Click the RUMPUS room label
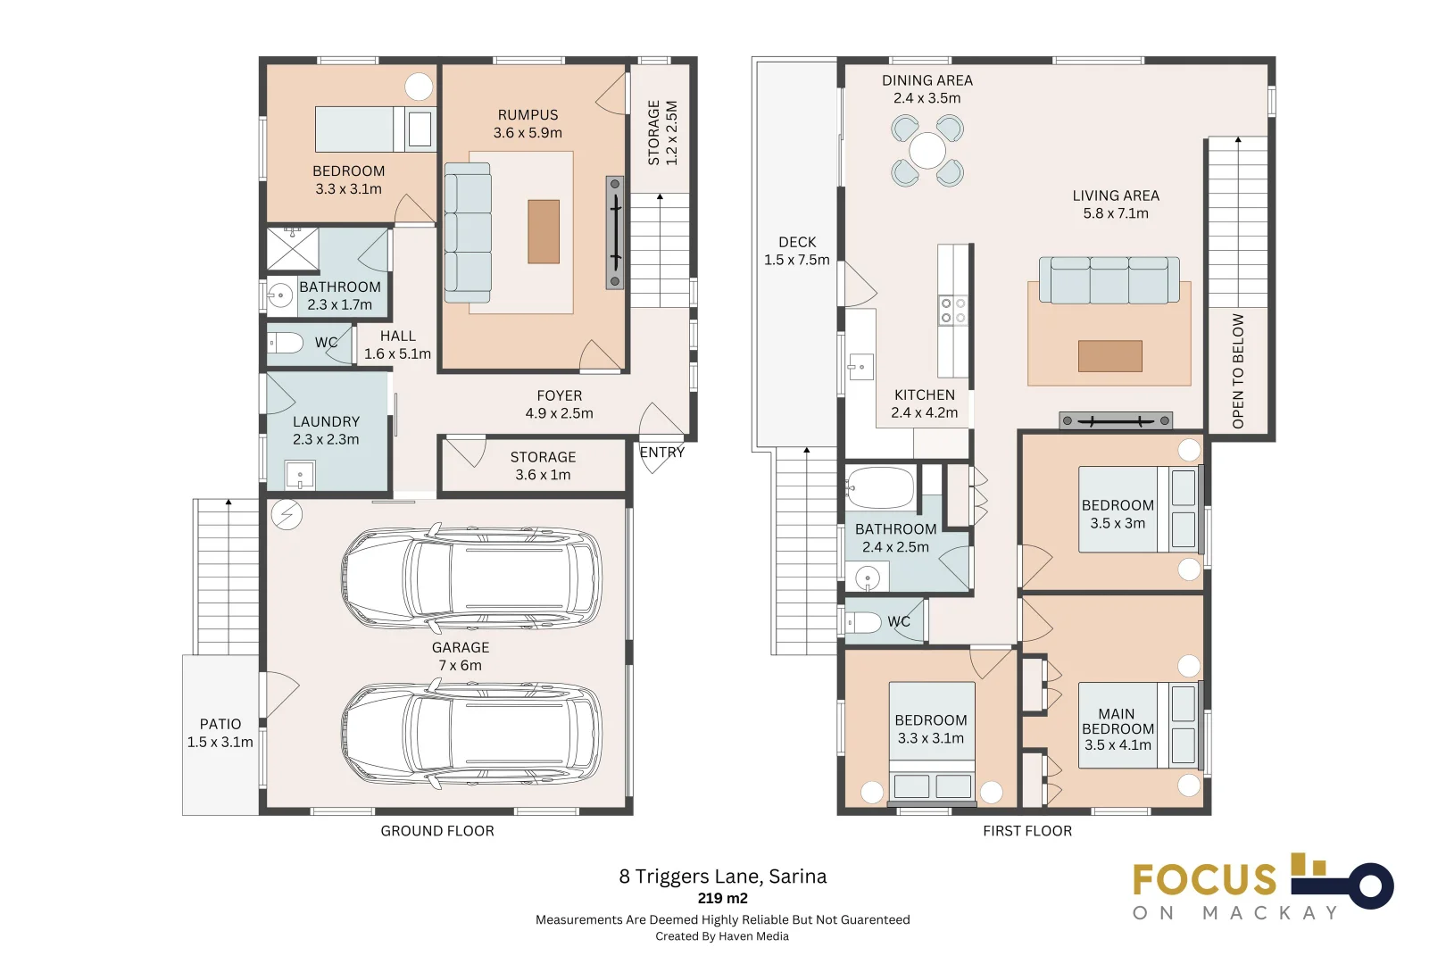pyautogui.click(x=528, y=115)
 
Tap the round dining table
pyautogui.click(x=927, y=151)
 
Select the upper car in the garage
pyautogui.click(x=471, y=578)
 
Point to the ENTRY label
pyautogui.click(x=661, y=452)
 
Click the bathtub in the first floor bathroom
pyautogui.click(x=880, y=487)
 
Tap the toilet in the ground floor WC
pyautogui.click(x=285, y=343)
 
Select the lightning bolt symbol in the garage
pyautogui.click(x=287, y=515)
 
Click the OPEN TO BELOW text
pyautogui.click(x=1237, y=370)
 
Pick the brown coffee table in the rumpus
pyautogui.click(x=544, y=231)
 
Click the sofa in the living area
pyautogui.click(x=1109, y=279)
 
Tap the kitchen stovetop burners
pyautogui.click(x=952, y=310)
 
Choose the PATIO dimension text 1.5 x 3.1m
pyautogui.click(x=220, y=743)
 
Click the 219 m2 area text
pyautogui.click(x=722, y=898)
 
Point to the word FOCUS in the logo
pyautogui.click(x=1205, y=879)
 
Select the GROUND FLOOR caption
pyautogui.click(x=437, y=831)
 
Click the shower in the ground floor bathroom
pyautogui.click(x=293, y=248)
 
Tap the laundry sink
pyautogui.click(x=300, y=475)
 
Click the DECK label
pyautogui.click(x=797, y=242)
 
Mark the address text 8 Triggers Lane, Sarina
pyautogui.click(x=723, y=877)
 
